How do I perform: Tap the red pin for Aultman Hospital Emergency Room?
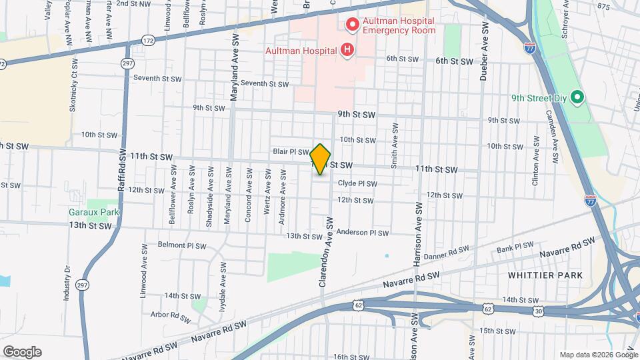352,25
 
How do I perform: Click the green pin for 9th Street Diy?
578,98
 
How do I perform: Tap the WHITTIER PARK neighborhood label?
545,275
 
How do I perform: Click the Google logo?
22,352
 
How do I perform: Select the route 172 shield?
148,41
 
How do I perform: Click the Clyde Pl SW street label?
358,184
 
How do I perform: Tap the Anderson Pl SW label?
362,233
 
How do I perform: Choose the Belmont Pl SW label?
181,245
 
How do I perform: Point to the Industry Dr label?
67,283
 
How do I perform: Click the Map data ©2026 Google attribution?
598,355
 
